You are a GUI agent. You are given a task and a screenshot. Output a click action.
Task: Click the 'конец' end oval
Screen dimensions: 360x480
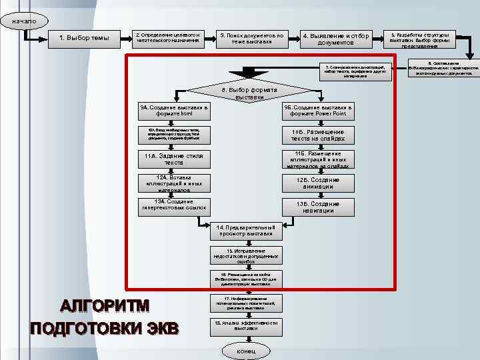(x=245, y=351)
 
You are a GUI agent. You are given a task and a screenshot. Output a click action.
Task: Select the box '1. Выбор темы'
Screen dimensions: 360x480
(x=84, y=38)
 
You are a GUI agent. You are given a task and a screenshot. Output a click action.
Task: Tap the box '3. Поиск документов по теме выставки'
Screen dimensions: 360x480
(x=251, y=38)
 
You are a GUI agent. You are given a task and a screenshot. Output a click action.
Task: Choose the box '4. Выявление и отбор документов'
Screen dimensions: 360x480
(x=335, y=39)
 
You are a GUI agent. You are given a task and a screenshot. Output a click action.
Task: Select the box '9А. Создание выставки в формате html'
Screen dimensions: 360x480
(x=173, y=111)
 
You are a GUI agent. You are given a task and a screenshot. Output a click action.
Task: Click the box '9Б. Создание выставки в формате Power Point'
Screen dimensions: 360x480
(x=318, y=111)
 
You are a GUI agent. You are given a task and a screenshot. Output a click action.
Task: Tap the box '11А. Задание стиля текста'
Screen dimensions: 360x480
(x=173, y=159)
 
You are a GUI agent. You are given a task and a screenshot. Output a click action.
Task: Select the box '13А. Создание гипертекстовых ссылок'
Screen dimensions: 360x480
(x=173, y=205)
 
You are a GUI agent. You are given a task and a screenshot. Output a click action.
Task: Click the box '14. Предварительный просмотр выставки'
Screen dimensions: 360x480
(x=245, y=230)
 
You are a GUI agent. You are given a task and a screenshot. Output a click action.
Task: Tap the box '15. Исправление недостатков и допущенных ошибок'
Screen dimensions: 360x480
(x=245, y=256)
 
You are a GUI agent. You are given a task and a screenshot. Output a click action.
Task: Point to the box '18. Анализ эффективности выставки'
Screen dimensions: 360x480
(x=245, y=326)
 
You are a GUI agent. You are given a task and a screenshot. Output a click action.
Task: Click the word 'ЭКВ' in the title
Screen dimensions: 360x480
(x=163, y=329)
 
